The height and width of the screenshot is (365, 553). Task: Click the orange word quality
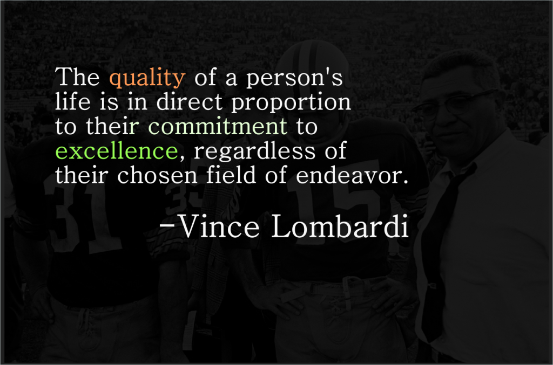click(x=146, y=79)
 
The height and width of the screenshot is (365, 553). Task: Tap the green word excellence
click(x=116, y=151)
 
